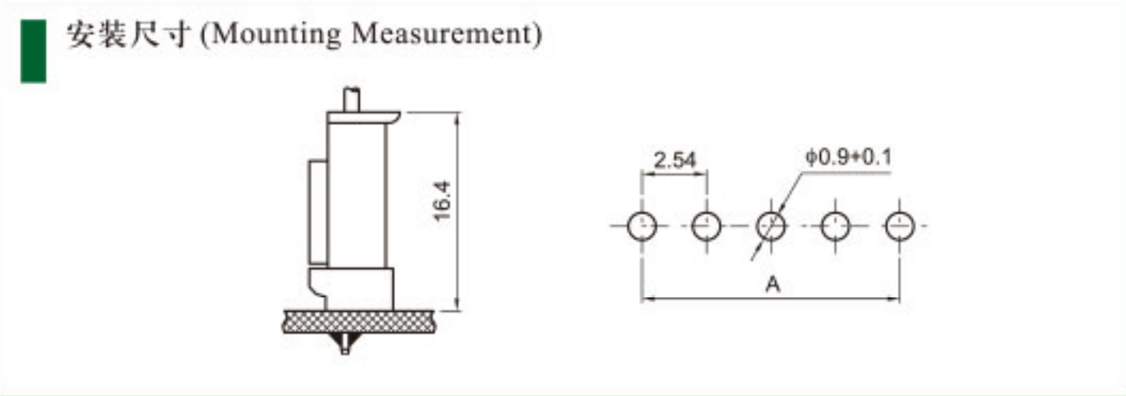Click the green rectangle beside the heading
33,51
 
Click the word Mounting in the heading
275,34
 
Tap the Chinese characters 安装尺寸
129,34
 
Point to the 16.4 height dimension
442,201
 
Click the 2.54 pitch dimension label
674,160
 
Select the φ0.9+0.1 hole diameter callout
848,157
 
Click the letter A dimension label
772,285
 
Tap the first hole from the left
642,226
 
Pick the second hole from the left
706,226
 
